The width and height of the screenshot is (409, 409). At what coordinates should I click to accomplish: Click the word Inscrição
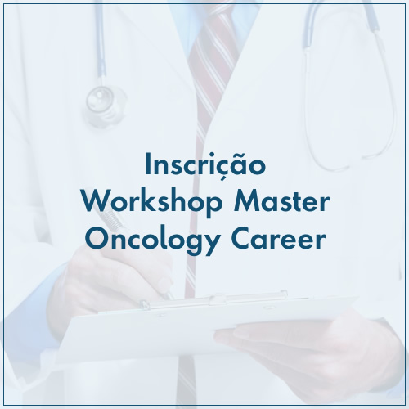click(205, 165)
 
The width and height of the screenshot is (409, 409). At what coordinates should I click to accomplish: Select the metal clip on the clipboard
click(215, 299)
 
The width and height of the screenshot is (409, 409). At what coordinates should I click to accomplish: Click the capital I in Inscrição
click(147, 164)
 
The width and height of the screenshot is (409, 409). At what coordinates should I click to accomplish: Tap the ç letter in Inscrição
click(213, 169)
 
